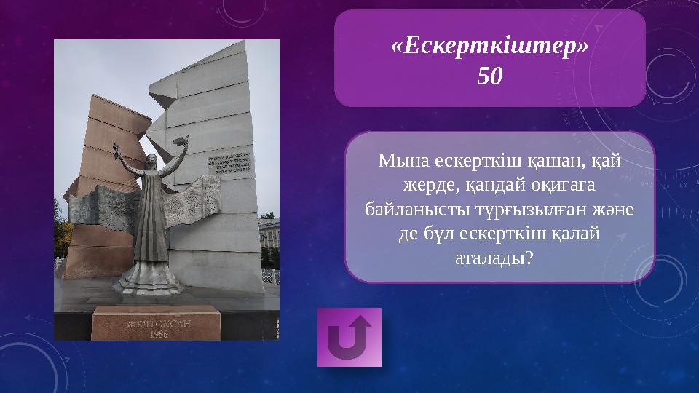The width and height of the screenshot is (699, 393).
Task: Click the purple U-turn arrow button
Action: (349, 337)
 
